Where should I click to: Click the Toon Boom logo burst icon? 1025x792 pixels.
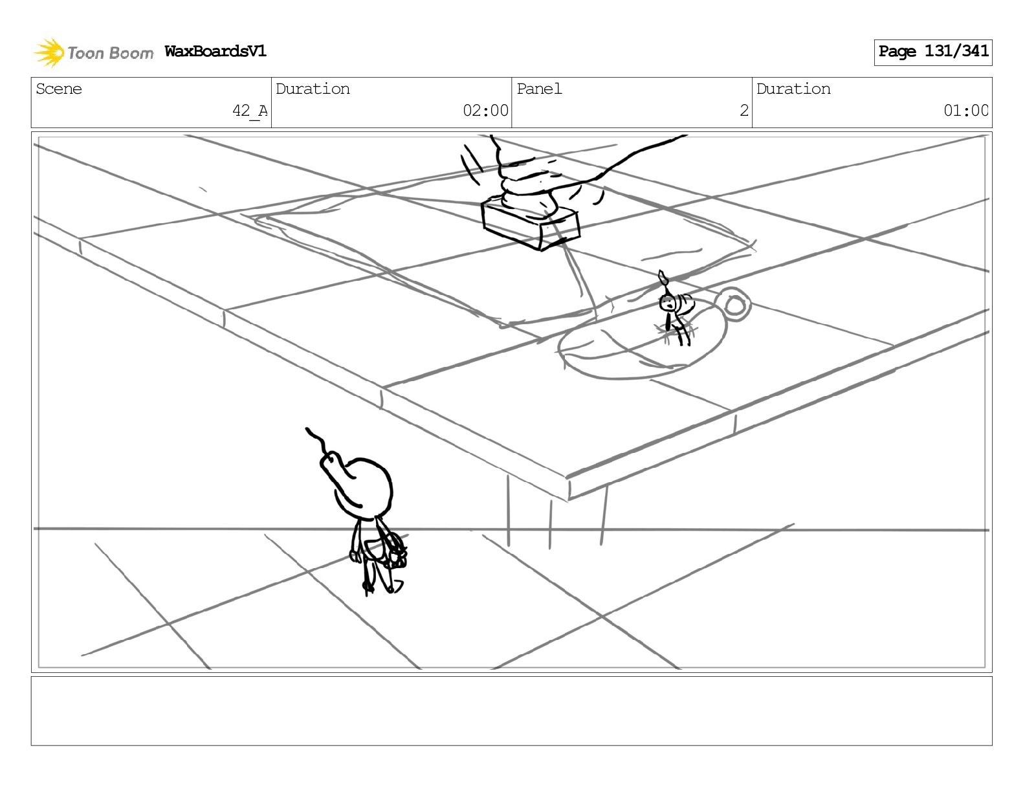(x=49, y=52)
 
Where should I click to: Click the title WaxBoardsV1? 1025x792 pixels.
(x=215, y=51)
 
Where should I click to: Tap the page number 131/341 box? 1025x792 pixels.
(x=932, y=52)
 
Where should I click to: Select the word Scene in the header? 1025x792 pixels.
(x=59, y=89)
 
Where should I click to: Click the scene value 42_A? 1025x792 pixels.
(x=249, y=111)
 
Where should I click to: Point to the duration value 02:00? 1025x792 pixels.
(x=485, y=111)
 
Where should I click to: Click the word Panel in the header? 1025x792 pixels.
(x=539, y=89)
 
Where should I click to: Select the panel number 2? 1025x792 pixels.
(x=744, y=111)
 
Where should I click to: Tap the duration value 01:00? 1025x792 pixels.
(x=965, y=111)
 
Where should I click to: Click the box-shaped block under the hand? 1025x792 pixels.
(x=529, y=225)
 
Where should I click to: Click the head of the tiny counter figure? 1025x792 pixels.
(x=667, y=302)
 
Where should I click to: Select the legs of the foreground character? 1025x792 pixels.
(x=375, y=576)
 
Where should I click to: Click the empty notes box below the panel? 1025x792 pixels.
(x=511, y=710)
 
